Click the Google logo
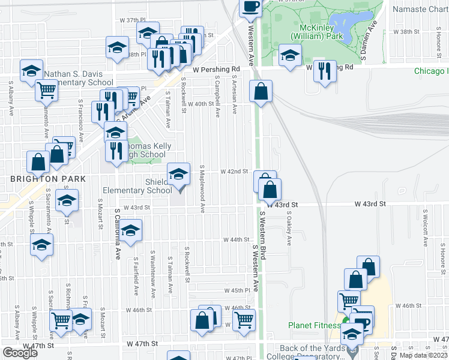(x=20, y=352)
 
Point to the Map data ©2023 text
(x=424, y=355)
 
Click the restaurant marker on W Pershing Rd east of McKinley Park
(x=325, y=71)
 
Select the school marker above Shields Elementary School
(x=178, y=175)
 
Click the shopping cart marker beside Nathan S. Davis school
(x=46, y=90)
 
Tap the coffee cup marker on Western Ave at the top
(x=251, y=7)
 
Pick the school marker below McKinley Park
(x=291, y=55)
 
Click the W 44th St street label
(x=236, y=239)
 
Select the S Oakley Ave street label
(x=289, y=228)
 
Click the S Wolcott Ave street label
(x=424, y=228)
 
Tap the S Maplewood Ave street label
(x=203, y=190)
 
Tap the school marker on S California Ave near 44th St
(x=130, y=231)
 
